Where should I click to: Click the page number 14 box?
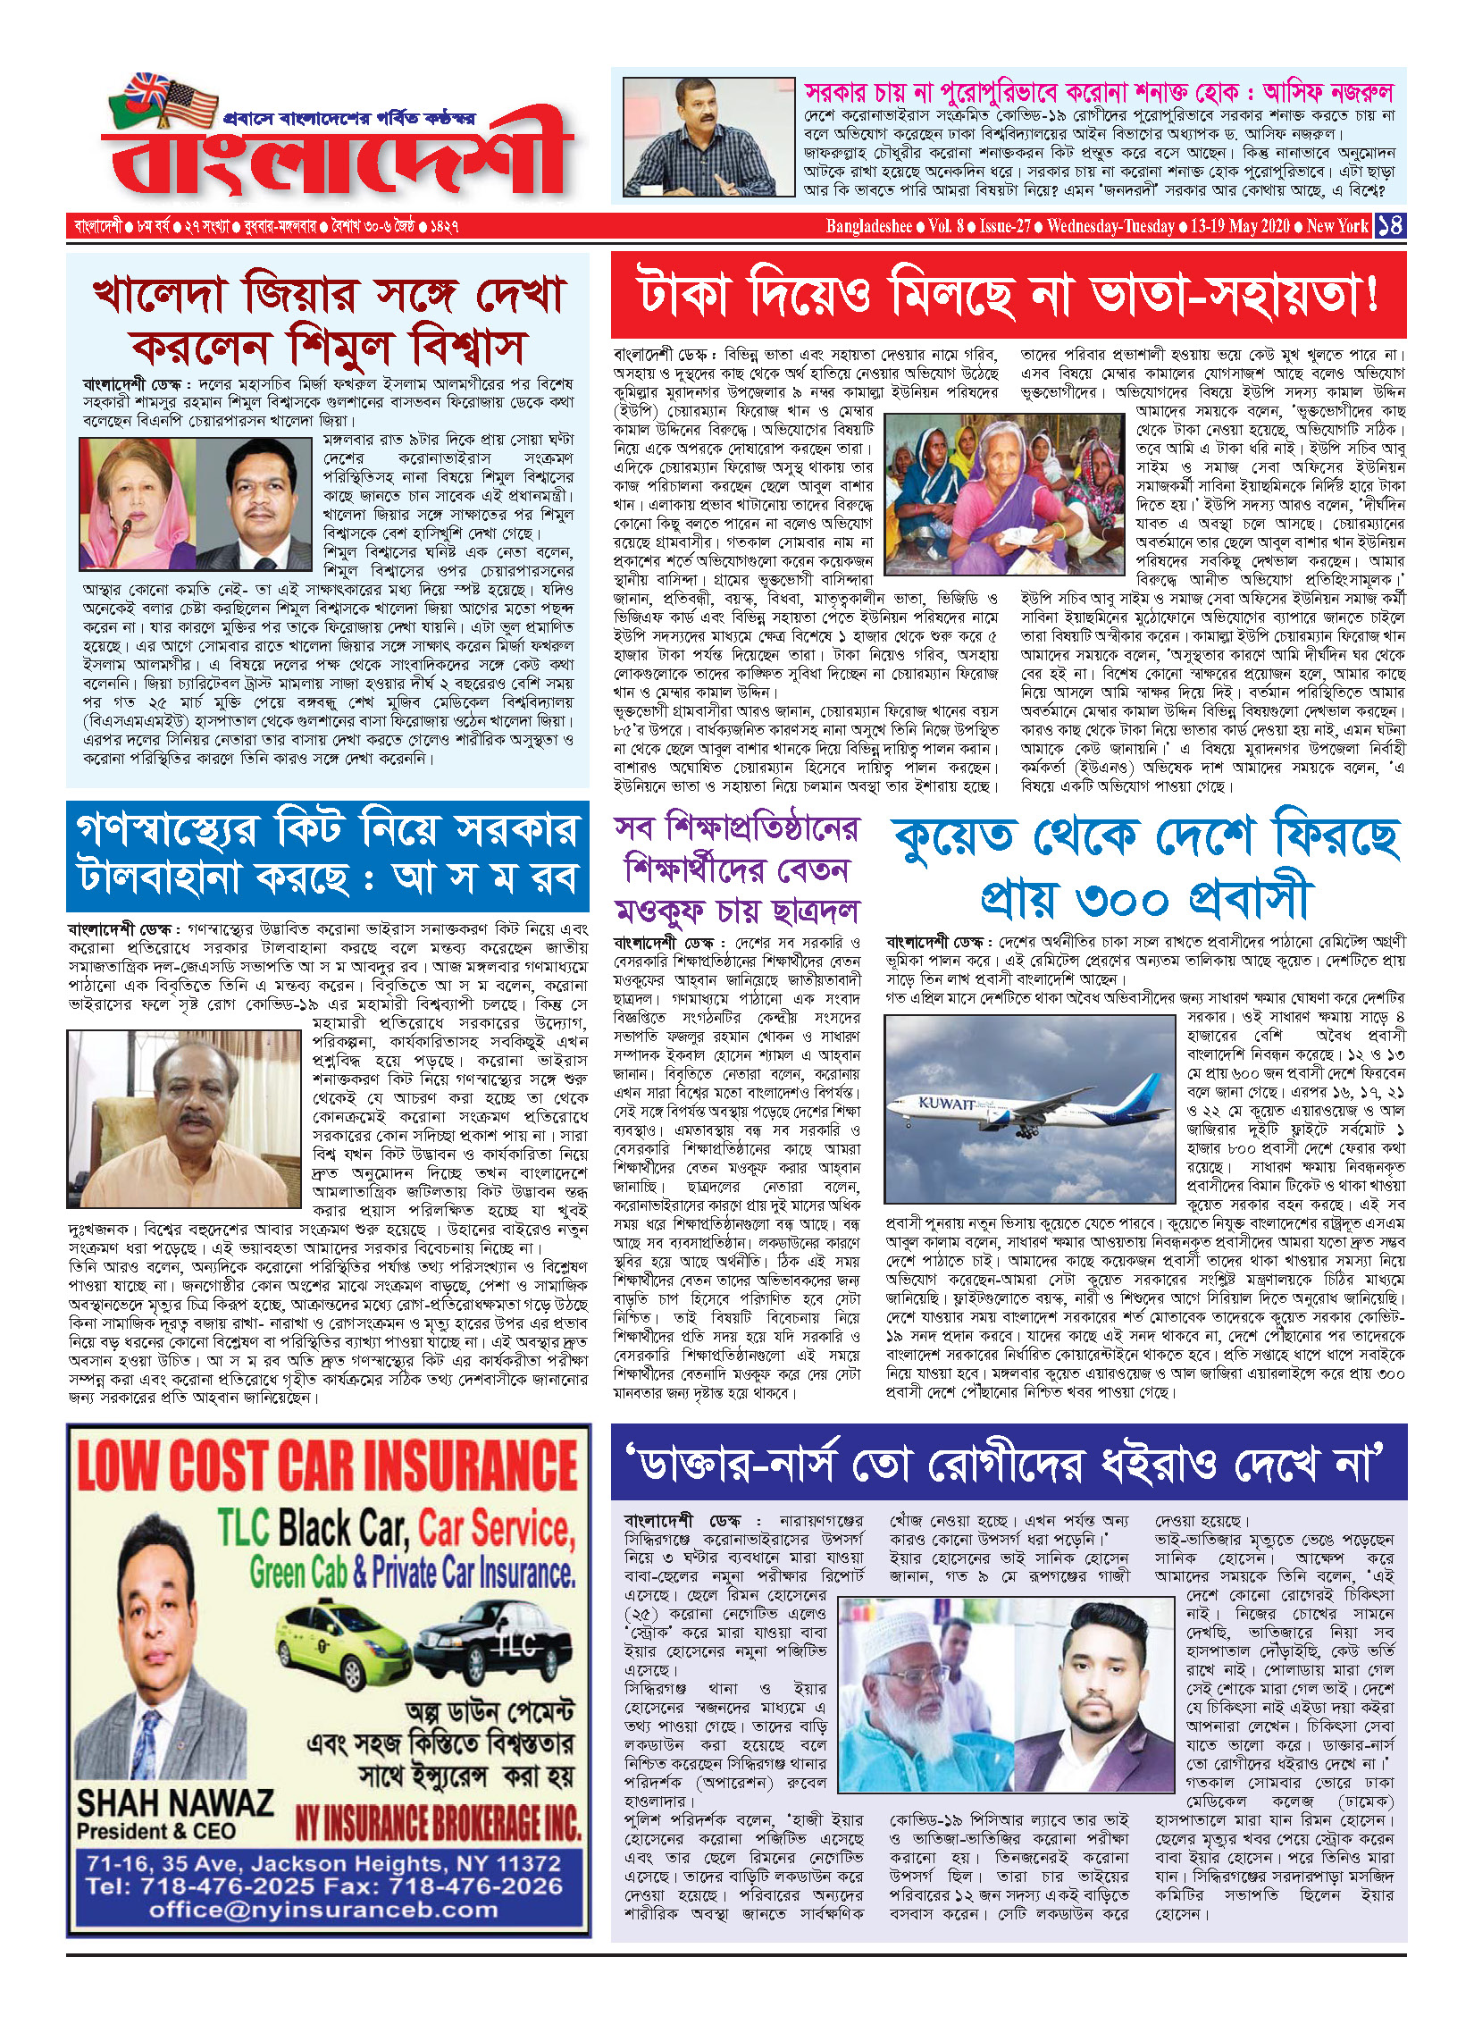pyautogui.click(x=1390, y=225)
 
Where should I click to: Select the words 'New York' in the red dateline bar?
pyautogui.click(x=1336, y=226)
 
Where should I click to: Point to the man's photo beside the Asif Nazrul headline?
pyautogui.click(x=708, y=136)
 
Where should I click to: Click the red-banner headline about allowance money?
pyautogui.click(x=1008, y=295)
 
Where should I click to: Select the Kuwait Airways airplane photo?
pyautogui.click(x=1028, y=1108)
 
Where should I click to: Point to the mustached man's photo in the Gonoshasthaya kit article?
pyautogui.click(x=183, y=1118)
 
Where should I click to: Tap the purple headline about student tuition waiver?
pyautogui.click(x=736, y=869)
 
